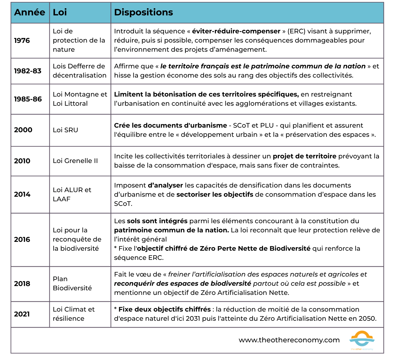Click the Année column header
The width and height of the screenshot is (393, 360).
pyautogui.click(x=29, y=12)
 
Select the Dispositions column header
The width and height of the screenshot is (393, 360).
pyautogui.click(x=143, y=12)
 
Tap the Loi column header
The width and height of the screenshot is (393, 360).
pyautogui.click(x=60, y=12)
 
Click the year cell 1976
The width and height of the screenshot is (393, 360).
pyautogui.click(x=22, y=41)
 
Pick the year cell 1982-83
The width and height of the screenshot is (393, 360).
pyautogui.click(x=28, y=71)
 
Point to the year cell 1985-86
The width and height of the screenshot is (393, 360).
pyautogui.click(x=28, y=99)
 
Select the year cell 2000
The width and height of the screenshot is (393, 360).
pyautogui.click(x=23, y=130)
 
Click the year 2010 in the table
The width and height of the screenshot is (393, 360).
pyautogui.click(x=22, y=161)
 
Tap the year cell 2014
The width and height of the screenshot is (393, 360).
pyautogui.click(x=22, y=194)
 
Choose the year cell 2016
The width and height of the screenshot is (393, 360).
pyautogui.click(x=22, y=240)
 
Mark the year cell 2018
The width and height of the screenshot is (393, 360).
pyautogui.click(x=22, y=284)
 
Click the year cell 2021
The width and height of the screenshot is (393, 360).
pyautogui.click(x=22, y=314)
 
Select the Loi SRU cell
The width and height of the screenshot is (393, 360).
pyautogui.click(x=65, y=130)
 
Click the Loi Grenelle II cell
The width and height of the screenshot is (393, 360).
pyautogui.click(x=75, y=161)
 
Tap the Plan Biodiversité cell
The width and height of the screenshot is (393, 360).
pyautogui.click(x=72, y=283)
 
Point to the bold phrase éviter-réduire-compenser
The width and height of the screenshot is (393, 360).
pyautogui.click(x=236, y=31)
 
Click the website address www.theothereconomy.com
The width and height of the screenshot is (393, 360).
pyautogui.click(x=289, y=340)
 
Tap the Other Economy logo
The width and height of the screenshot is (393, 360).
pyautogui.click(x=362, y=340)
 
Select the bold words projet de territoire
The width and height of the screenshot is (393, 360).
pyautogui.click(x=305, y=156)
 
